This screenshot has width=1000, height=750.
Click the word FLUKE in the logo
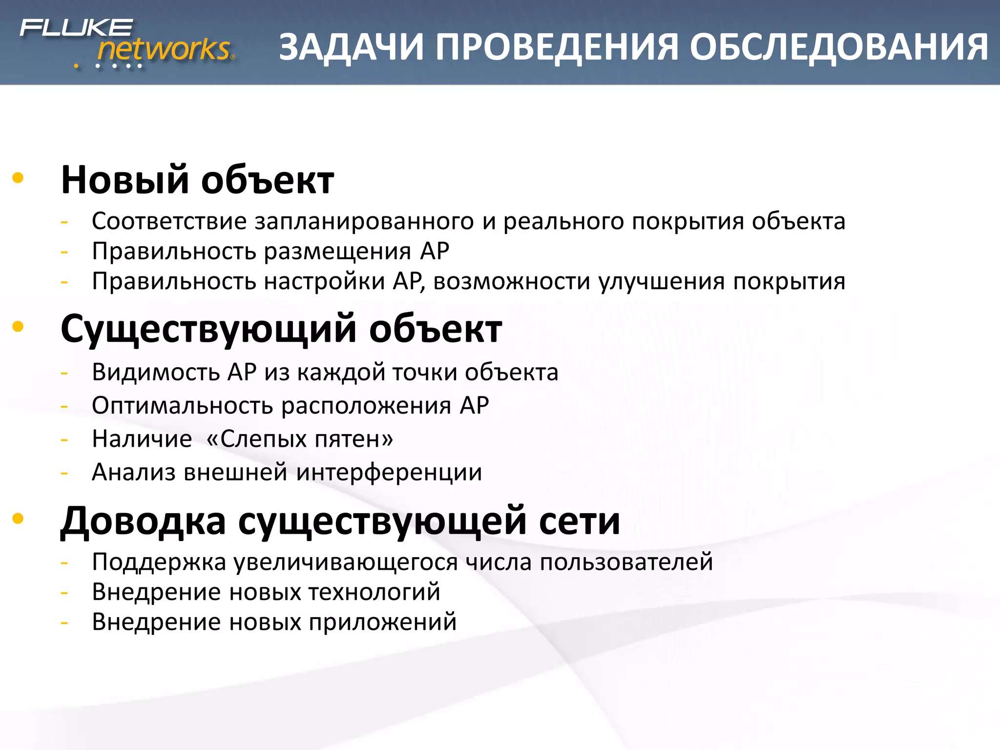[76, 28]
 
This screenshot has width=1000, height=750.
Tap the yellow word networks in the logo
[164, 49]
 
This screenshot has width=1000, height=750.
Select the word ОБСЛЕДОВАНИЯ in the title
[839, 47]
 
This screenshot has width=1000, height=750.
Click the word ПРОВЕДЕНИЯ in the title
[557, 47]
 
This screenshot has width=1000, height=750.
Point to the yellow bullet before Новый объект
[18, 178]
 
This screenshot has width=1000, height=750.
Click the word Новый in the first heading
[125, 180]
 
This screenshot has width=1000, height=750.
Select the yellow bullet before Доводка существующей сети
[18, 519]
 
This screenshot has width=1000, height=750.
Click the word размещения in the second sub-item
[337, 252]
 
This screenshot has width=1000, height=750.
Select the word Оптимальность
[181, 406]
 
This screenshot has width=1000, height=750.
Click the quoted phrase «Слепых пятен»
[299, 439]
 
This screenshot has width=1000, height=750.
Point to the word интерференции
[389, 473]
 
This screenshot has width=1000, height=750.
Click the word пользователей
[626, 562]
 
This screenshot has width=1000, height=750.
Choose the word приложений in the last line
[382, 623]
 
